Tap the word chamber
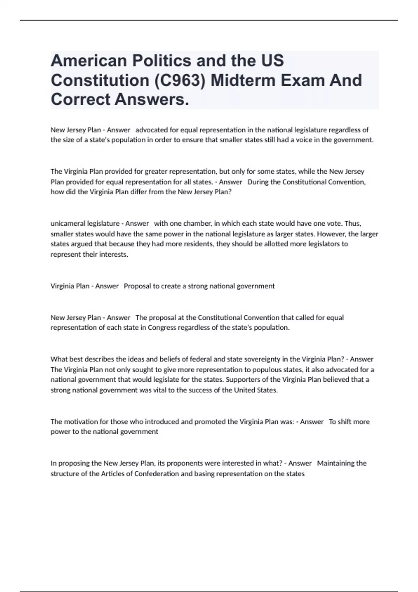pos(197,223)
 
